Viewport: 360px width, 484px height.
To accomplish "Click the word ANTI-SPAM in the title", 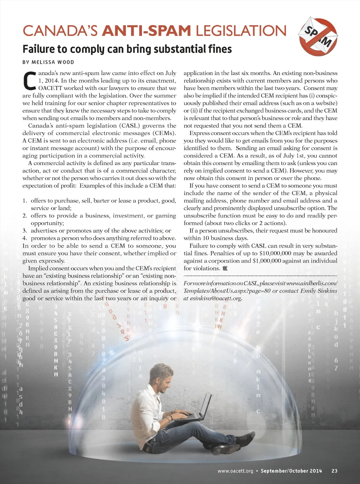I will [x=146, y=31].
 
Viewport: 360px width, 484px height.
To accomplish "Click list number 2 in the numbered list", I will [x=25, y=216].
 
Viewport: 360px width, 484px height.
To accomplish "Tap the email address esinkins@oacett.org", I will [x=216, y=298].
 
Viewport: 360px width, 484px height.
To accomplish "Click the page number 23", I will [x=334, y=471].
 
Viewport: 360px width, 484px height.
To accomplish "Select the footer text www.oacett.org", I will [x=235, y=471].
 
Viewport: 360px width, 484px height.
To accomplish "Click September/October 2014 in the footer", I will [x=291, y=471].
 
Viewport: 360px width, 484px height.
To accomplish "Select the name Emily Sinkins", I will [x=319, y=291].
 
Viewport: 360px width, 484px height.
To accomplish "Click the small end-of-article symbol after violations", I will [x=225, y=268].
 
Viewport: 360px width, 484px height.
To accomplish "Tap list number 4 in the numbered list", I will [x=25, y=238].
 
